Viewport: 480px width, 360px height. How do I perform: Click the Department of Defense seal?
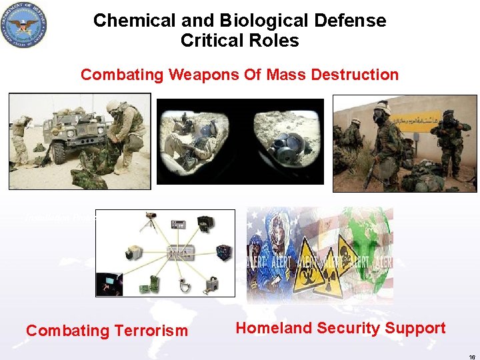[x=25, y=24]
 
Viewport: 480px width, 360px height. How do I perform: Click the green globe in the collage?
[x=367, y=243]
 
